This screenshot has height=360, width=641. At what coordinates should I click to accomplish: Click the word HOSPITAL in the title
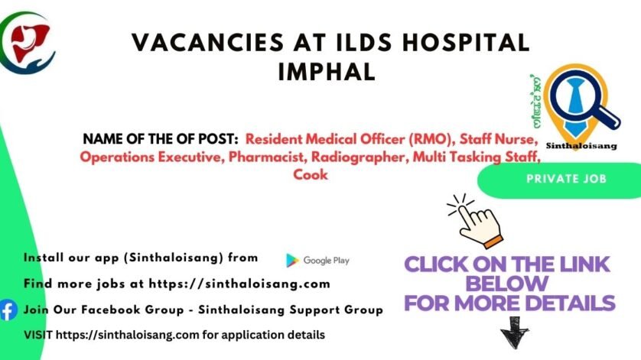click(x=466, y=43)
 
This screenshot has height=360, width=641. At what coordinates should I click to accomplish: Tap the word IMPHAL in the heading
click(x=327, y=72)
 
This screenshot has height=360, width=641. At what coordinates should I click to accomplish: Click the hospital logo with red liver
click(x=27, y=43)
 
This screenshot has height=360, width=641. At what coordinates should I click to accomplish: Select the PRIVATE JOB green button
click(x=566, y=179)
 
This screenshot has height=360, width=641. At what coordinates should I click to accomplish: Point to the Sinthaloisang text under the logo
click(x=581, y=146)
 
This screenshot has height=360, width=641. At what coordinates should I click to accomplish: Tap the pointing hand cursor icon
click(x=475, y=221)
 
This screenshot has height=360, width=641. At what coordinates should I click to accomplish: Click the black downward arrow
click(x=515, y=332)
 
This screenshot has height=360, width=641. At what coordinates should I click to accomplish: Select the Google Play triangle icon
click(x=292, y=261)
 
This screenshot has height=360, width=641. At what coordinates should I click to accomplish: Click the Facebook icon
click(x=8, y=310)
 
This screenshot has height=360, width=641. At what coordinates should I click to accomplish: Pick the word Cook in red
click(x=311, y=174)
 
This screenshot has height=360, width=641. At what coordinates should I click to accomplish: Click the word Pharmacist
click(x=266, y=157)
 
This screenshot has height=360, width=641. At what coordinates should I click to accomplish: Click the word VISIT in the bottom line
click(x=38, y=335)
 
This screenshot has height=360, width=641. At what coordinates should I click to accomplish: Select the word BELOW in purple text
click(x=507, y=284)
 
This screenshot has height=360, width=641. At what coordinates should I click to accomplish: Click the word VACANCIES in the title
click(x=207, y=43)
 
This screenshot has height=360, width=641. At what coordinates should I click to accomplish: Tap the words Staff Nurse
click(x=497, y=139)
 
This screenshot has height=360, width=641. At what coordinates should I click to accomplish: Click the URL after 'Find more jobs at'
click(x=239, y=284)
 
